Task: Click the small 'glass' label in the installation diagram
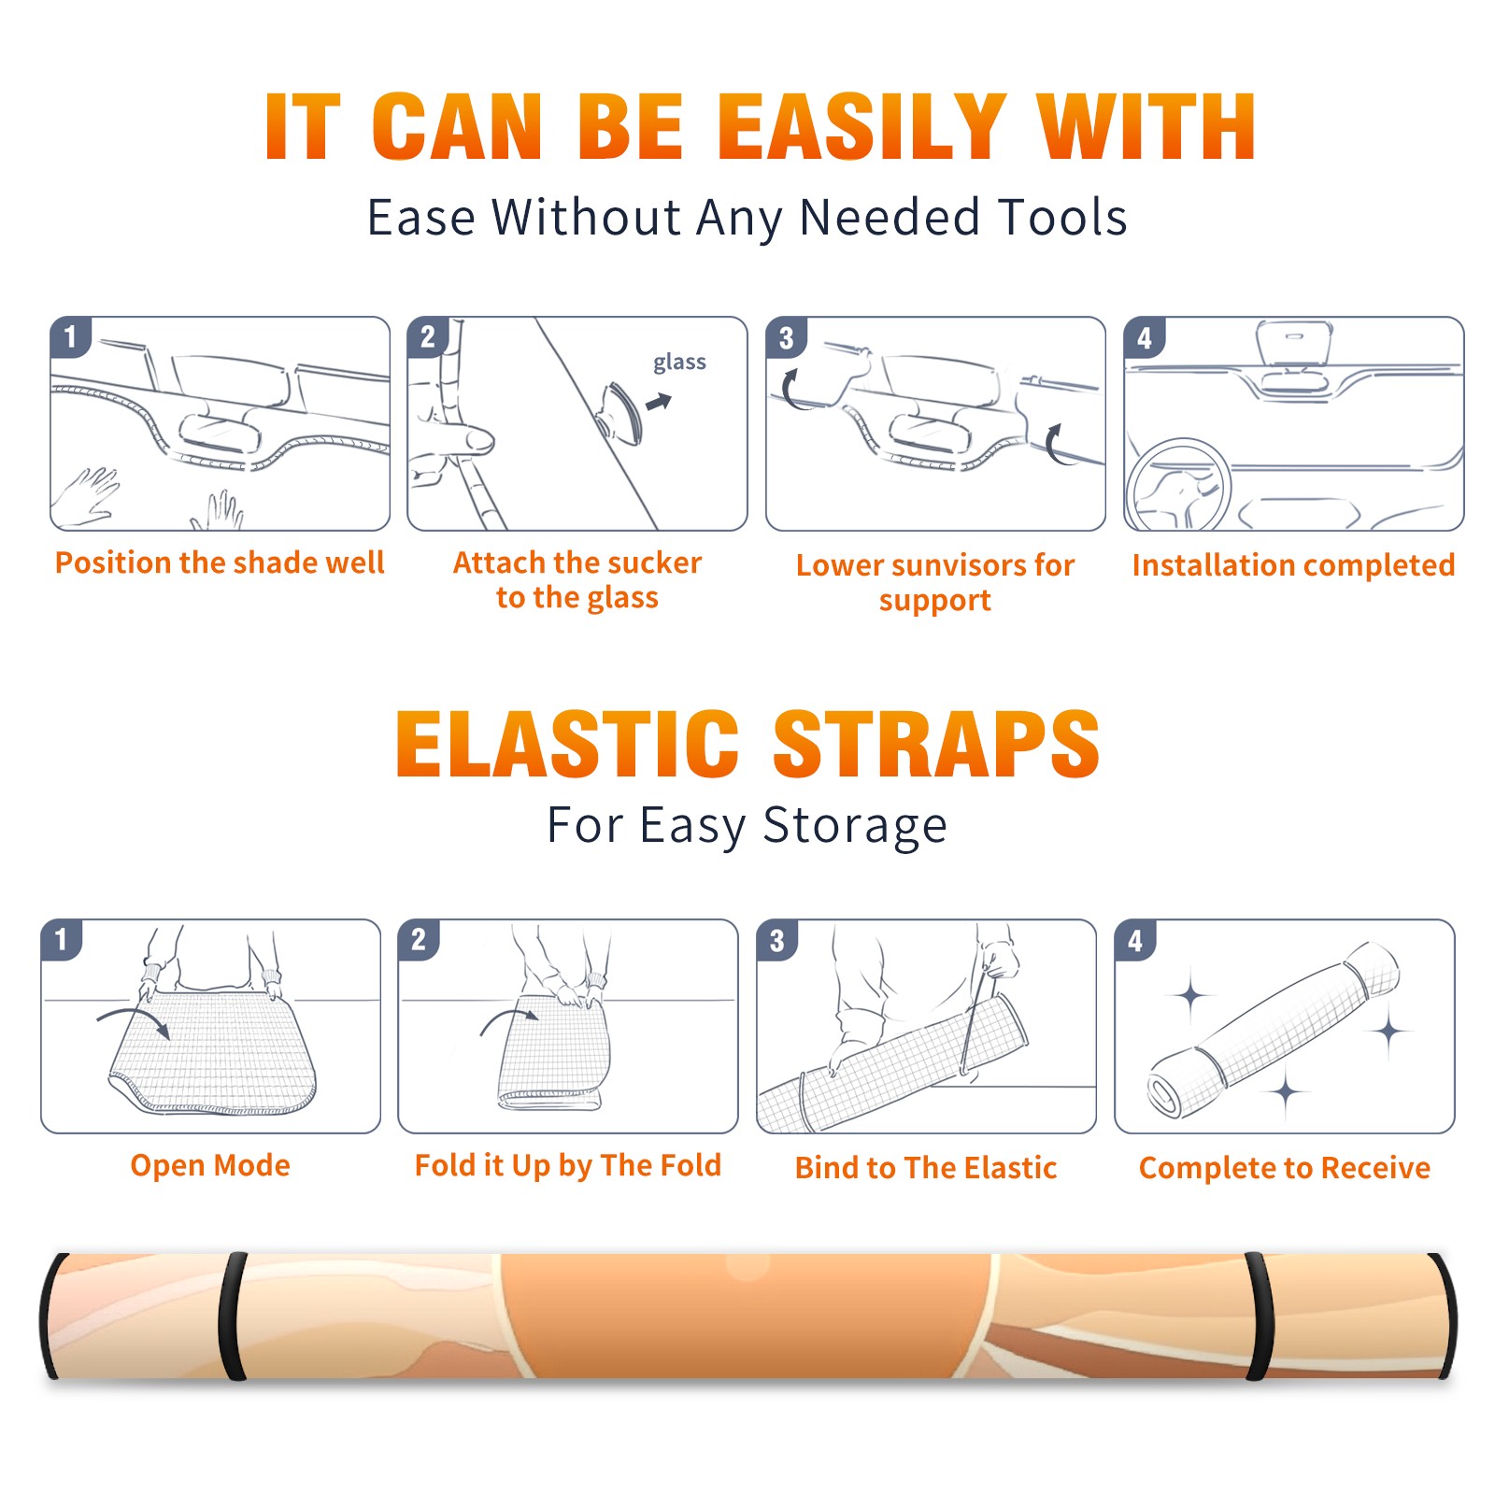click(x=679, y=363)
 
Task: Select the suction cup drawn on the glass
click(x=619, y=413)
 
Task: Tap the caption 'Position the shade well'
click(x=220, y=562)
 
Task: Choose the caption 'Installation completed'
click(x=1293, y=564)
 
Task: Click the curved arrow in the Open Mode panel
click(x=134, y=1021)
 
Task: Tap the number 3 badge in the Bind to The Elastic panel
click(x=777, y=941)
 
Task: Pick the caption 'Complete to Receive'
click(x=1285, y=1168)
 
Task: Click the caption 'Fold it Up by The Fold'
click(x=568, y=1165)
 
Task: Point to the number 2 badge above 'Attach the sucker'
click(x=428, y=336)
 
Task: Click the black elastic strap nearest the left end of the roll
click(x=232, y=1316)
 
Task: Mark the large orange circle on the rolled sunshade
click(x=747, y=1316)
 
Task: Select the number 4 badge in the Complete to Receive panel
click(x=1135, y=941)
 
